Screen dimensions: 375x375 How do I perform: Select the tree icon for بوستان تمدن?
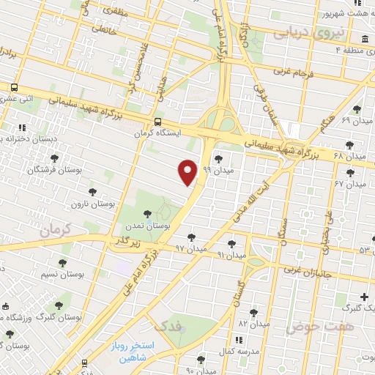[148, 213]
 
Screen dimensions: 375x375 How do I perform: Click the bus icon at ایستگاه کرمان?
[158, 122]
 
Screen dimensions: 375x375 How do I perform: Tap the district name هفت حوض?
[322, 325]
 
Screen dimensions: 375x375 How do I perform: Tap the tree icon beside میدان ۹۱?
[232, 243]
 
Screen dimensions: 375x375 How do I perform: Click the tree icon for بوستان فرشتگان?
[54, 157]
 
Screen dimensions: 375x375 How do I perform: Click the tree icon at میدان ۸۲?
[253, 312]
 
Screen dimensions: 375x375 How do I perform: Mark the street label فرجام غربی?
[292, 73]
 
